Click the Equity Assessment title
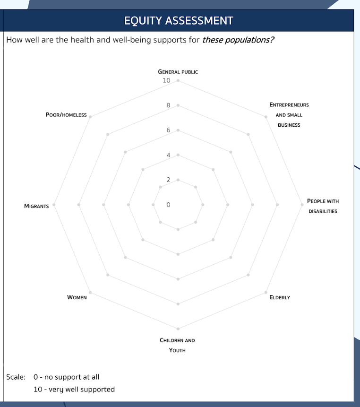[179, 21]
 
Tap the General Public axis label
[178, 72]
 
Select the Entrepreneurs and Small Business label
[289, 115]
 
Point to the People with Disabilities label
[323, 206]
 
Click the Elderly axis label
[280, 297]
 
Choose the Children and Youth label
[177, 345]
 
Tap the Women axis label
[77, 297]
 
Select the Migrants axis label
[36, 206]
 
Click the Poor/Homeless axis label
[66, 115]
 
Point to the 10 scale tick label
[166, 81]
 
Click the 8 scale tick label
[168, 105]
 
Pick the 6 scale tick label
[168, 130]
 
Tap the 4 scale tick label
[168, 155]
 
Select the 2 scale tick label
[168, 180]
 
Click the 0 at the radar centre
[168, 205]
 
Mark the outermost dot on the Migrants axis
[54, 205]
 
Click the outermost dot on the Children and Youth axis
[178, 329]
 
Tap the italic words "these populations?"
[238, 40]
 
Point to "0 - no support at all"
[66, 377]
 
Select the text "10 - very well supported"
[74, 390]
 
